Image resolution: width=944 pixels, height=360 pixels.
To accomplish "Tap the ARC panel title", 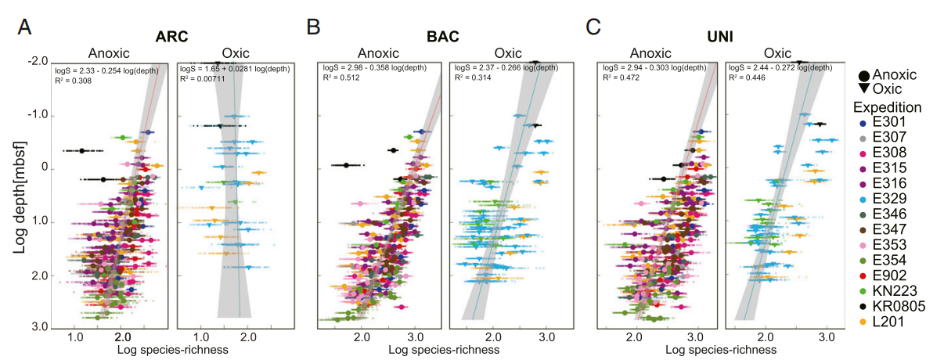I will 172,36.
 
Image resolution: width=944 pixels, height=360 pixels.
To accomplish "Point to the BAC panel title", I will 443,36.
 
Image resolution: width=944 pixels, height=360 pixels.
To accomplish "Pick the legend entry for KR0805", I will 898,307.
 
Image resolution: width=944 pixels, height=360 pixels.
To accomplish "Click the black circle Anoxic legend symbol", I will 863,76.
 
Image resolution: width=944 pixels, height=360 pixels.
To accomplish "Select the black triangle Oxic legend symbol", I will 863,90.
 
